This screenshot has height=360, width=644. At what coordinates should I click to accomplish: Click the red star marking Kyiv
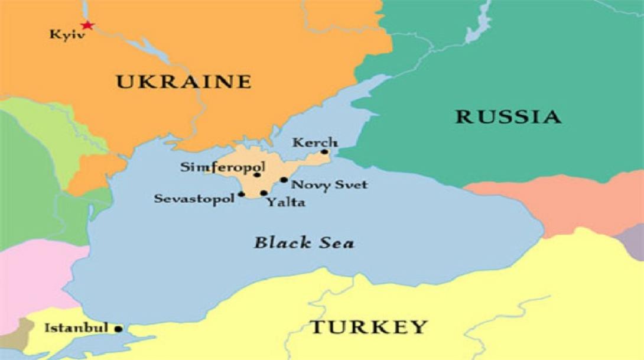tap(87, 25)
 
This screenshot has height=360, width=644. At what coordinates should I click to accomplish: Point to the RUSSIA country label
tap(508, 116)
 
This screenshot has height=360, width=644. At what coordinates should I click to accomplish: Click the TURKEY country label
tap(369, 326)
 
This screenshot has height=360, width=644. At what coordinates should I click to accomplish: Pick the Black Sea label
tap(304, 242)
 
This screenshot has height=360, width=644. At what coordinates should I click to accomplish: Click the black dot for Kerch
tap(324, 152)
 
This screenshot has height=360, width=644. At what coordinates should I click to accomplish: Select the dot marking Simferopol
tap(257, 174)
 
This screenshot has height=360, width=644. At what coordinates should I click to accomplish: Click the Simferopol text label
tap(222, 167)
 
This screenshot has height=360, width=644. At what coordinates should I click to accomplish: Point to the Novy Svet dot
tap(284, 180)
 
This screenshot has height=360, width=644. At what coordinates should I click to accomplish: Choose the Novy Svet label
tap(330, 185)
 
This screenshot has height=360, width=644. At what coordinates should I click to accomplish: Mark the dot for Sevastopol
tap(241, 194)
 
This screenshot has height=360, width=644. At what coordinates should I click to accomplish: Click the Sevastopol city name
tap(195, 199)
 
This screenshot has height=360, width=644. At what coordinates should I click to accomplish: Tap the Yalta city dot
tap(264, 193)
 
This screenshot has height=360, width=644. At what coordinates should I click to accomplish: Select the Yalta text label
tap(285, 203)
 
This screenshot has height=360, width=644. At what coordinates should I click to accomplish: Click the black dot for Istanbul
tap(119, 329)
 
